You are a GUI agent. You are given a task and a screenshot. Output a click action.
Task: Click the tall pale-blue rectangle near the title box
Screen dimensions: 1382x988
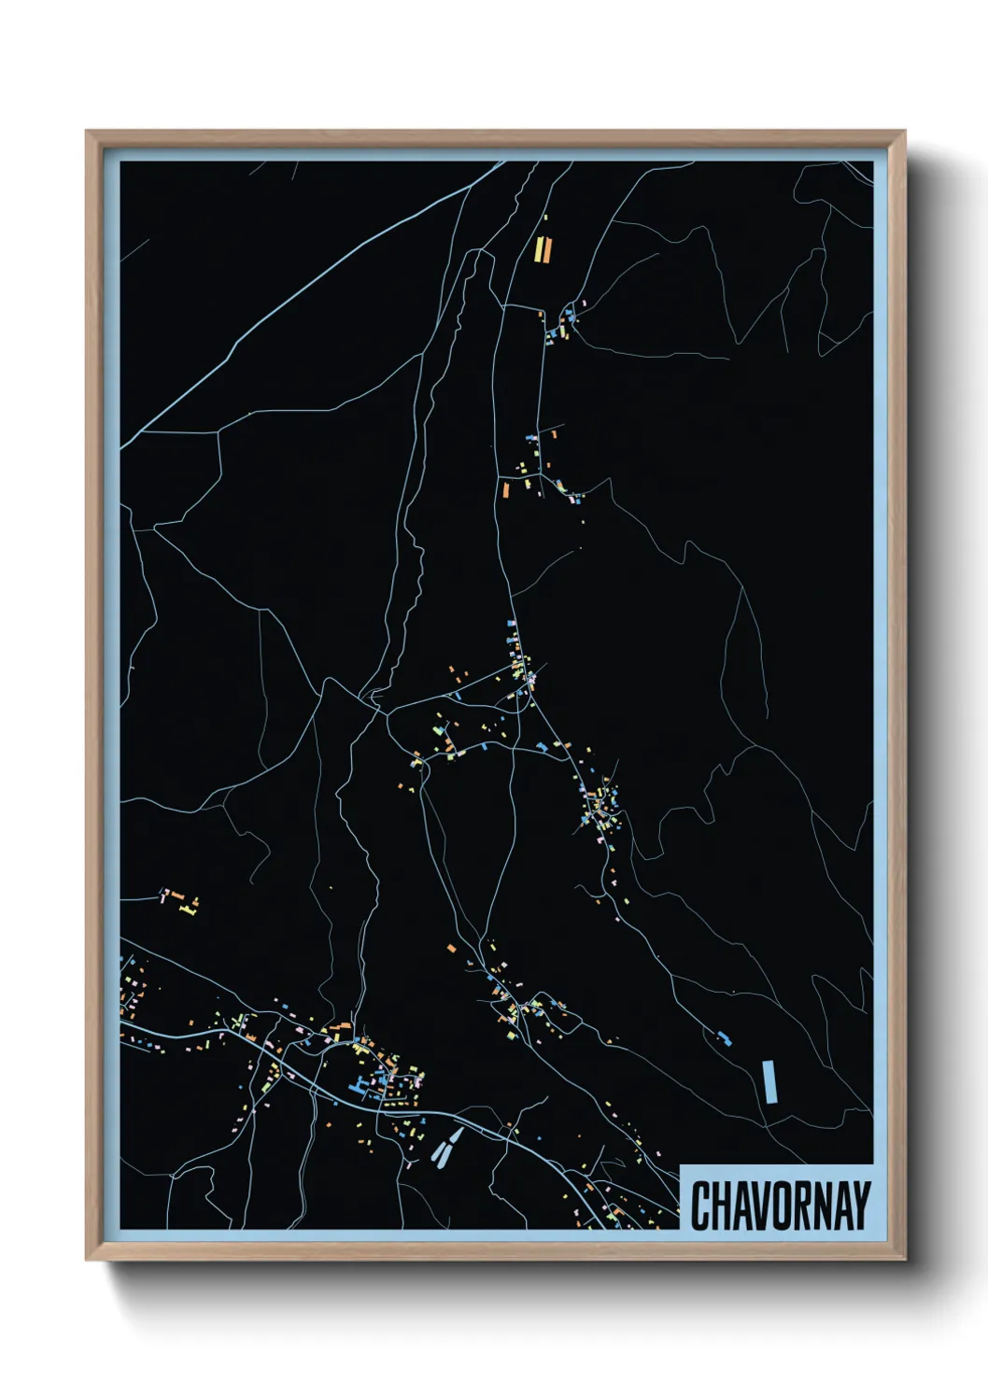click(x=769, y=1081)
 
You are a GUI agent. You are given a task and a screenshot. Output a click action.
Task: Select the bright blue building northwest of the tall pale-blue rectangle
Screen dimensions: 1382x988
click(x=724, y=1037)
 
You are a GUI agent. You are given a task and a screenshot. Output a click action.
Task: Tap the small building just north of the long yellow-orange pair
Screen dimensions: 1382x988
click(x=545, y=219)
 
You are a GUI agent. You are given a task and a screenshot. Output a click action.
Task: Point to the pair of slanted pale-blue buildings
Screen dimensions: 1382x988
click(x=446, y=1147)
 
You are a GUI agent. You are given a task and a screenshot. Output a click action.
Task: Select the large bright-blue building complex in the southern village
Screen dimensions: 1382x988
click(x=359, y=1084)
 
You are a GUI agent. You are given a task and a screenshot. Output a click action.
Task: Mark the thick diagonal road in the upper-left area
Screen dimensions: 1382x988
click(x=308, y=299)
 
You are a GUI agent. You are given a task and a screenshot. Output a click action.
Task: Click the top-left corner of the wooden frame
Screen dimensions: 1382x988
click(x=88, y=133)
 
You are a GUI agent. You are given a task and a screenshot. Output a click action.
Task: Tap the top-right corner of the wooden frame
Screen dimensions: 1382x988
click(x=904, y=133)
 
